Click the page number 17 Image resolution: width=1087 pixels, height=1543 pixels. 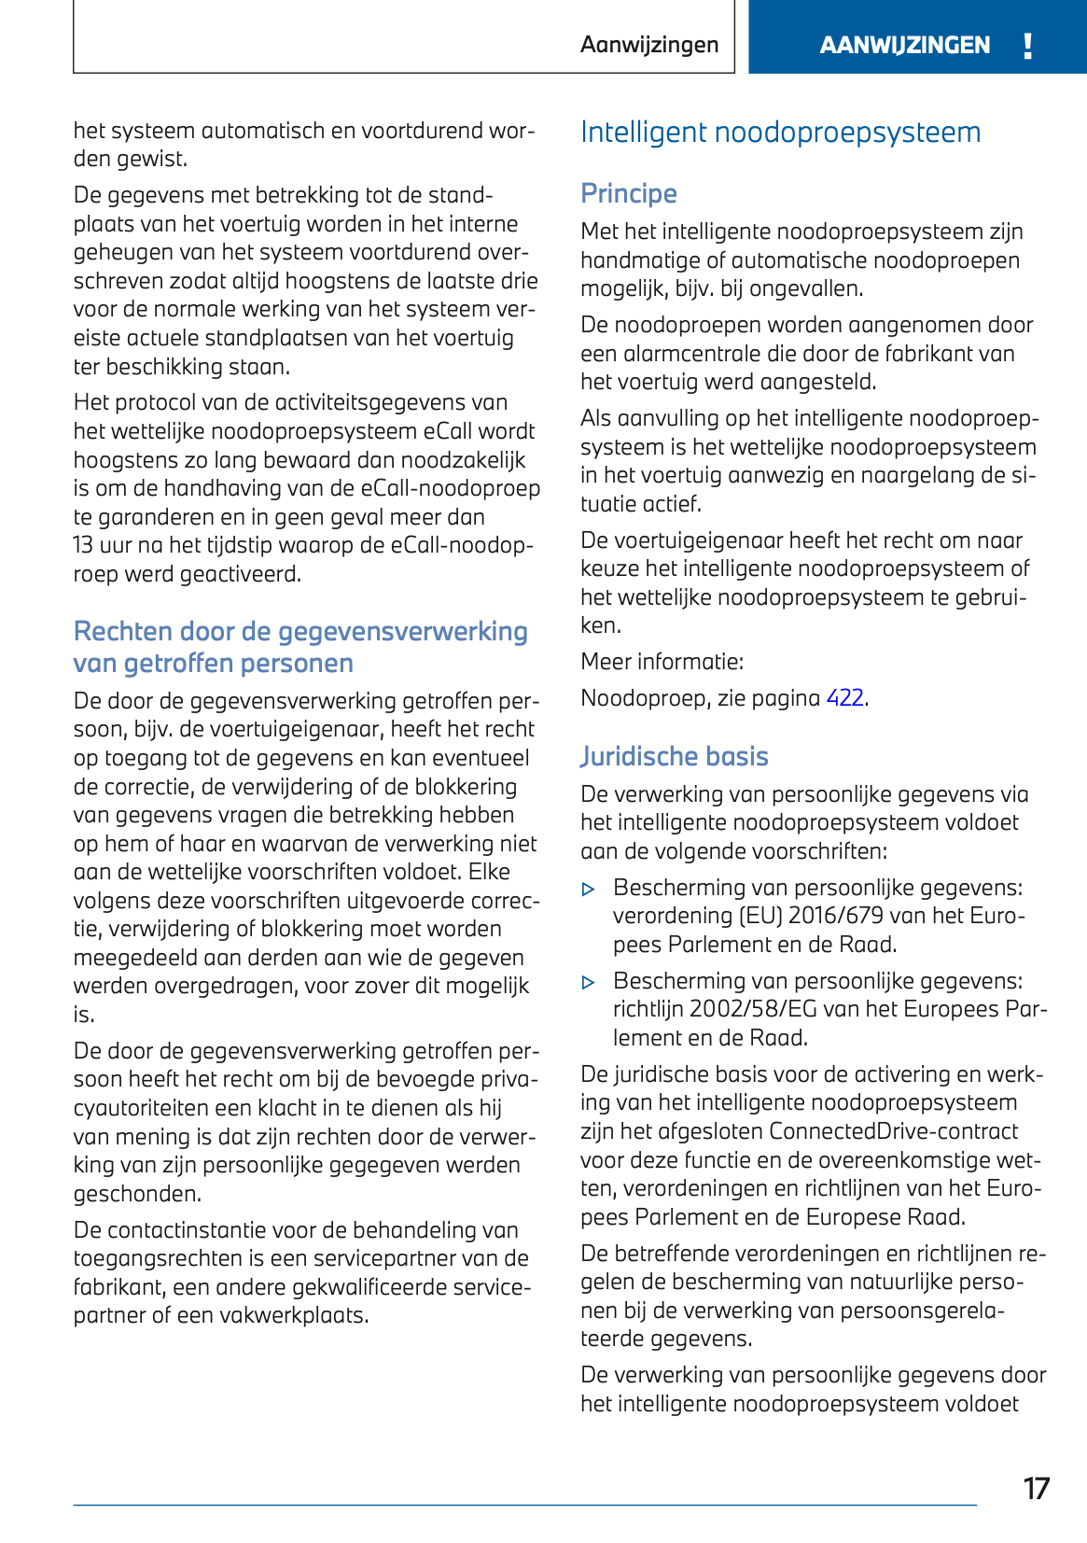pos(1036,1488)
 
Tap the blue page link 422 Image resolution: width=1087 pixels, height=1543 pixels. pos(844,698)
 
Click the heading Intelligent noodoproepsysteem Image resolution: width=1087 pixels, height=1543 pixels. pos(780,133)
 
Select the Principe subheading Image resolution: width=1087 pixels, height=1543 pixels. pos(628,193)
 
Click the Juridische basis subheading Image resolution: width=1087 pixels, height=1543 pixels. pos(674,756)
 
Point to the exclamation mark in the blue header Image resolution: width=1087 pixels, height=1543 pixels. pos(1027,45)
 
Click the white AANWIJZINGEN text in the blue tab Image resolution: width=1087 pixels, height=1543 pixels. pos(904,45)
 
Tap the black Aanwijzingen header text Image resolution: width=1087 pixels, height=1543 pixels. pos(649,45)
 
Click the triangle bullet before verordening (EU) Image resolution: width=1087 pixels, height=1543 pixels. pos(588,890)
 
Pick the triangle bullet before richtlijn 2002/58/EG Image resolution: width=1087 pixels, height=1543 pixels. pos(588,983)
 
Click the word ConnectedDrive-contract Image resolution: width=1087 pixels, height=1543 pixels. pos(894,1131)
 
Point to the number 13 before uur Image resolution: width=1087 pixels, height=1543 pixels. pos(84,545)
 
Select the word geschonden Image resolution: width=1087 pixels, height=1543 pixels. pos(137,1194)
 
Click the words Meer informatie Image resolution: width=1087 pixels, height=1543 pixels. pos(662,662)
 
